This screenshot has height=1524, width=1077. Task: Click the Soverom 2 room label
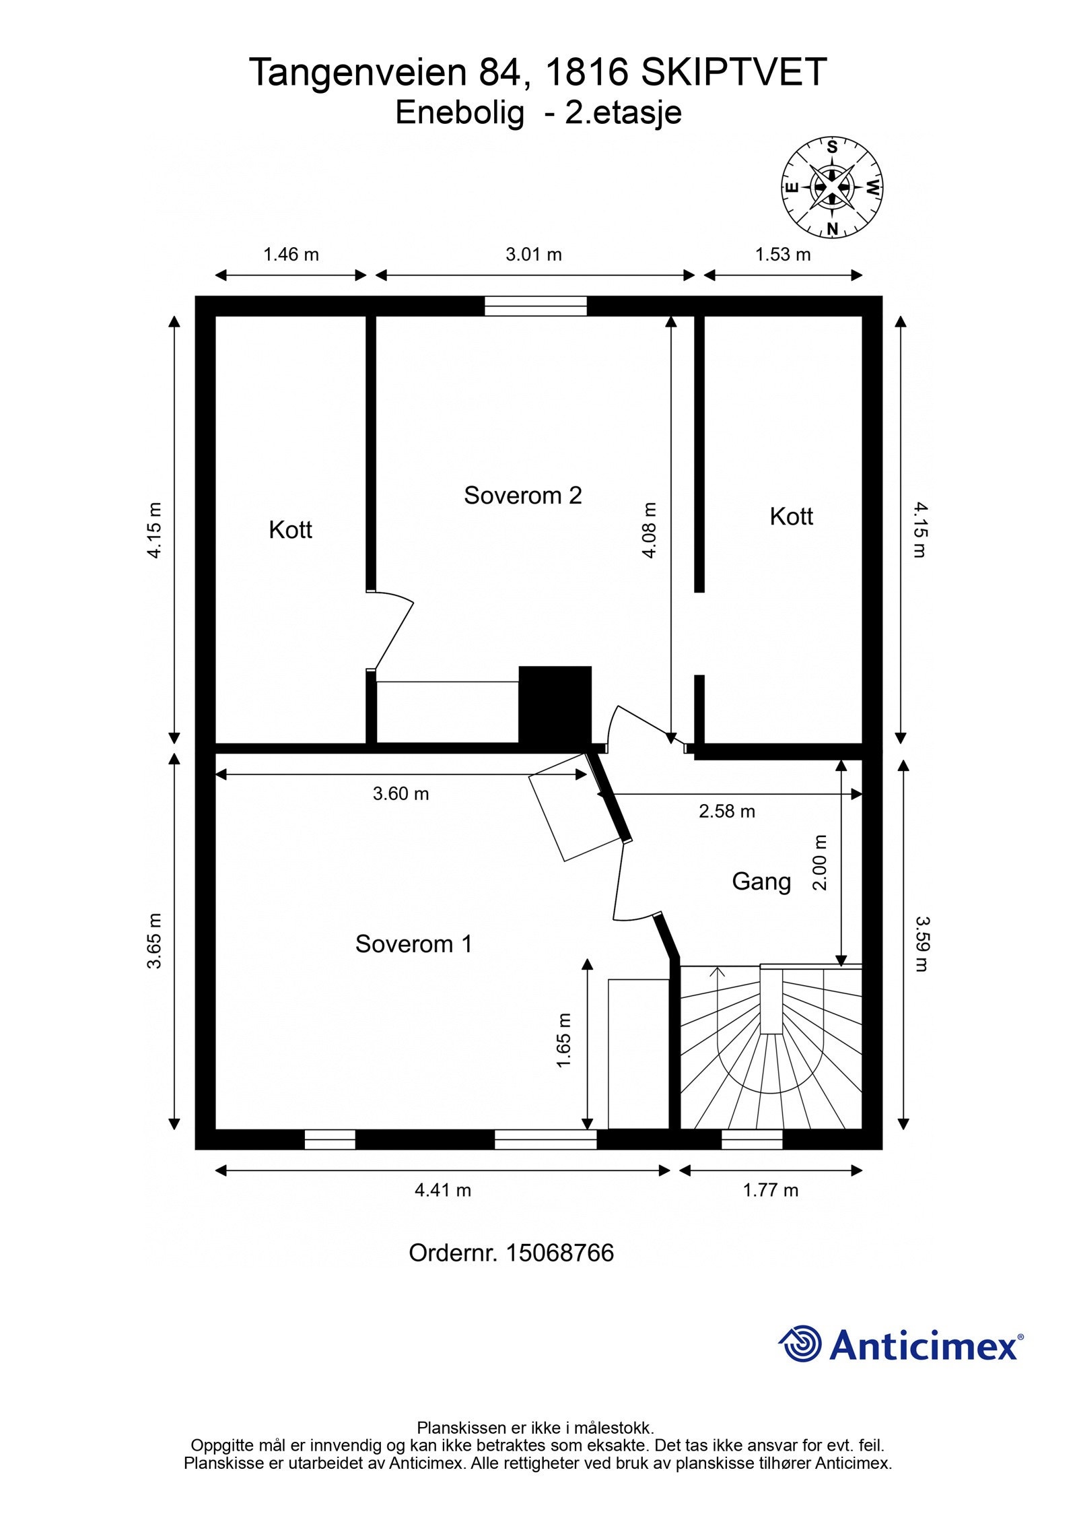[x=522, y=496]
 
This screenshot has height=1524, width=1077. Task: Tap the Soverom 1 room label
[x=413, y=943]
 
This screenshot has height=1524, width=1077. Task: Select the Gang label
[x=761, y=882]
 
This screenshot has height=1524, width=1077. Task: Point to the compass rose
[x=832, y=188]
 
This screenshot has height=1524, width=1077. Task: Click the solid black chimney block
[x=555, y=705]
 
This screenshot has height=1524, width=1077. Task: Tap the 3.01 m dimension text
[x=534, y=255]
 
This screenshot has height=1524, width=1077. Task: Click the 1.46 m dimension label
[x=291, y=255]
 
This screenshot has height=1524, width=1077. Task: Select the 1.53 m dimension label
[x=783, y=255]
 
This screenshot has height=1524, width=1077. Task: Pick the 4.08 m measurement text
[x=649, y=530]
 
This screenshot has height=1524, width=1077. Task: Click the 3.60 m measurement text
[x=401, y=793]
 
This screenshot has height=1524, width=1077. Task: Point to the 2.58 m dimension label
[x=727, y=811]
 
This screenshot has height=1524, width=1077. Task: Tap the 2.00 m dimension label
[x=819, y=862]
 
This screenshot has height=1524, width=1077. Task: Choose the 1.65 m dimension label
[x=563, y=1040]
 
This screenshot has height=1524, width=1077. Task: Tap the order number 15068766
[x=559, y=1253]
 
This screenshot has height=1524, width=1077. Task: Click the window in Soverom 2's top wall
[x=536, y=306]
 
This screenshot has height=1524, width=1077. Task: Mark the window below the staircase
[x=752, y=1139]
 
